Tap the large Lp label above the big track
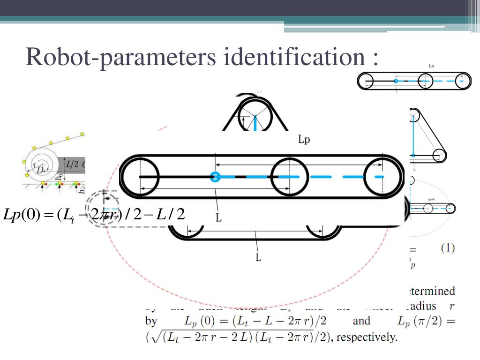tap(304, 140)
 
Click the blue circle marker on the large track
tap(215, 177)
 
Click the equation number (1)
tap(447, 248)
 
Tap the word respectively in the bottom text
tap(367, 337)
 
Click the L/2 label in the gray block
tap(72, 164)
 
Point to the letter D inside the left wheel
tap(41, 169)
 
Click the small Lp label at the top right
tap(431, 66)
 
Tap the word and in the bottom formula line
tap(361, 321)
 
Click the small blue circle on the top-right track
tap(396, 81)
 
